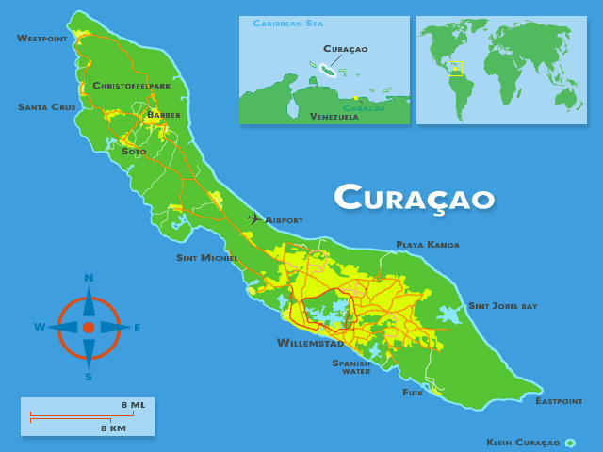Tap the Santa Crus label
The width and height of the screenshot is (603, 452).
(46, 107)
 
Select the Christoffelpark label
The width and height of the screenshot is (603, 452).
(132, 86)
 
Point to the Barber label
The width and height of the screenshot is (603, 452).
(163, 115)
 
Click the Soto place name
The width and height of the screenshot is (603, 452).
(134, 151)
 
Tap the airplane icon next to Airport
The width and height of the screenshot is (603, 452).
(253, 218)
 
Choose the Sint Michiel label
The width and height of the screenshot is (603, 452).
(207, 258)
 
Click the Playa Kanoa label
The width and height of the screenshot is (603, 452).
(428, 245)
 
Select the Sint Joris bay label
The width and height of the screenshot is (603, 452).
(503, 306)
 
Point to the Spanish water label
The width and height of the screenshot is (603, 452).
(350, 366)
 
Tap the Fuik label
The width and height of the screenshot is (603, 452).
(413, 392)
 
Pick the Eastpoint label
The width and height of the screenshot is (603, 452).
(559, 401)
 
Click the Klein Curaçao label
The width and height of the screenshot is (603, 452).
(523, 443)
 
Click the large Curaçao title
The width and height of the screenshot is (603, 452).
(415, 198)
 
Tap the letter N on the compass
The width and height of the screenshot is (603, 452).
(89, 278)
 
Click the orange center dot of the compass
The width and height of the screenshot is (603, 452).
(89, 328)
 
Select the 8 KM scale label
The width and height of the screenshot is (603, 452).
(114, 428)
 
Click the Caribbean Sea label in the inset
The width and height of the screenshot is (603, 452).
(287, 23)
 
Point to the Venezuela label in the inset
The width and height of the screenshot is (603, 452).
(334, 117)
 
